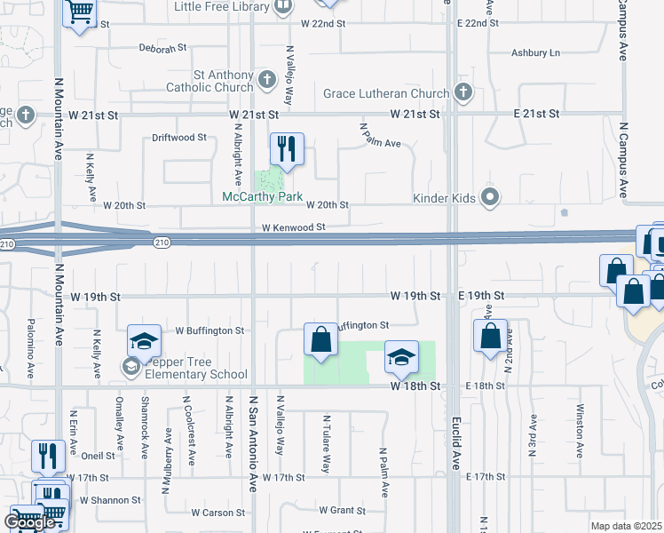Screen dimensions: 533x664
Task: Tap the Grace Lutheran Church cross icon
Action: click(462, 92)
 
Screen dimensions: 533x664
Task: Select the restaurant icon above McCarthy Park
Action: click(287, 148)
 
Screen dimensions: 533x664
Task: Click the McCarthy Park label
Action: click(263, 196)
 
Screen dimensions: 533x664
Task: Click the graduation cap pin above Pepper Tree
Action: click(144, 342)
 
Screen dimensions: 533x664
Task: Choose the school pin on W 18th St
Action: click(401, 358)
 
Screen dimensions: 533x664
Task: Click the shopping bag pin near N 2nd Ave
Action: click(490, 337)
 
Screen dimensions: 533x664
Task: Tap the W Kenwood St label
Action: click(293, 228)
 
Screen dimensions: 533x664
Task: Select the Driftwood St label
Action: click(178, 138)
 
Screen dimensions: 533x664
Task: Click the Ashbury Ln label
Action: click(535, 53)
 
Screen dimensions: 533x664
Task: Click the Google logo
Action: click(30, 522)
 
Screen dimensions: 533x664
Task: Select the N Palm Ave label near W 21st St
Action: click(380, 136)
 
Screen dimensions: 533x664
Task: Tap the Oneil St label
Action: click(98, 456)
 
